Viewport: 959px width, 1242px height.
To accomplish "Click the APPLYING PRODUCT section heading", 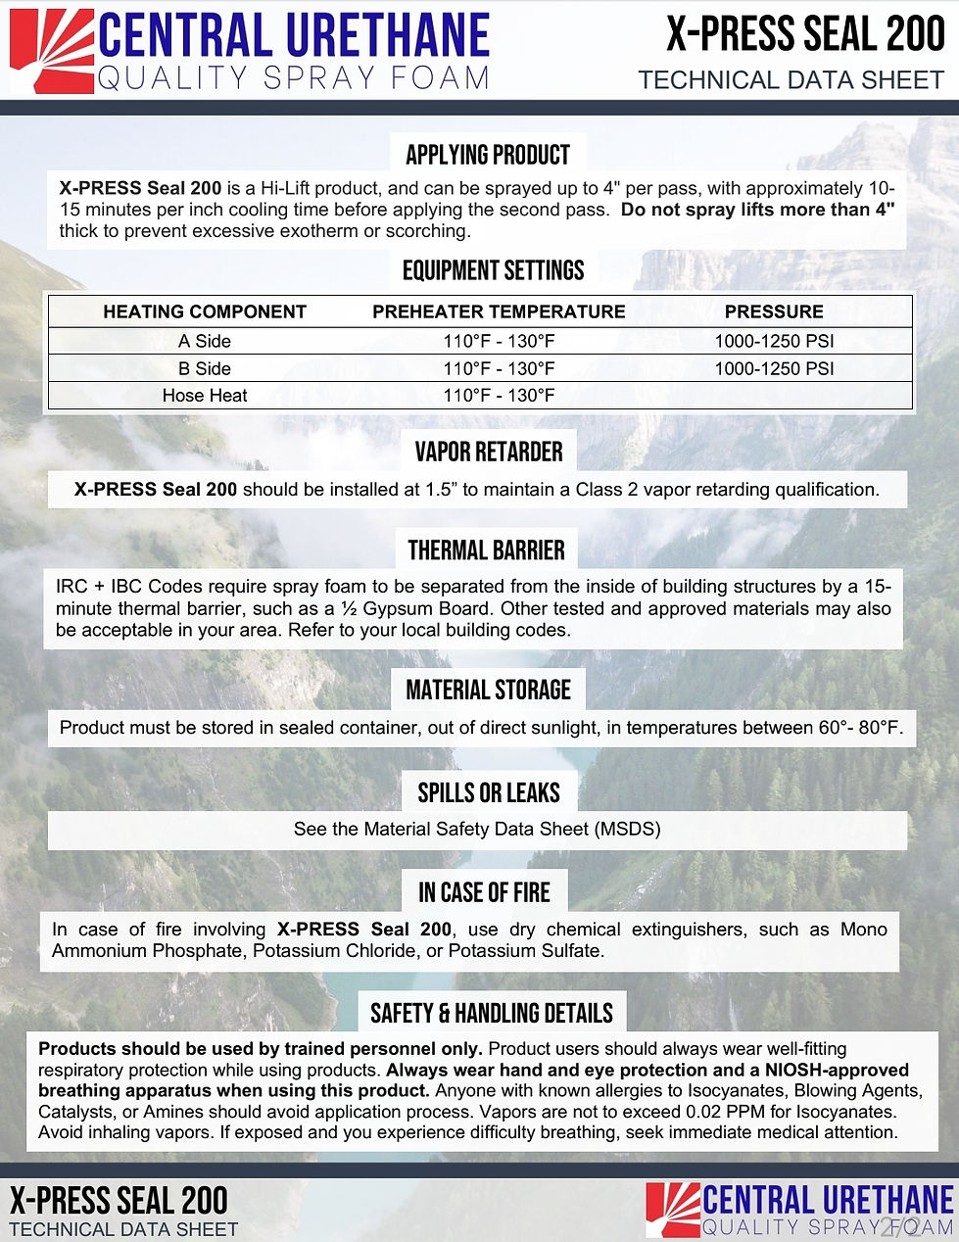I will pos(488,155).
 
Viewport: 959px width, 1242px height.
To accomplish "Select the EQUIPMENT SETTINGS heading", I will pos(493,270).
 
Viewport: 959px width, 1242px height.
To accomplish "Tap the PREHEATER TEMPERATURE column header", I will pos(499,311).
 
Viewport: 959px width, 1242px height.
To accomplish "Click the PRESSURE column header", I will pos(774,311).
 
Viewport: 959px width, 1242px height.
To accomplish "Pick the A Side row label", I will pos(205,341).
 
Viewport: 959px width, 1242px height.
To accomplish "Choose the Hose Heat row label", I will pos(205,396).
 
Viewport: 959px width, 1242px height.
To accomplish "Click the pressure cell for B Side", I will pos(774,368).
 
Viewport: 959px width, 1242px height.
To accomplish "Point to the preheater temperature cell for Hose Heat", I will pos(499,396).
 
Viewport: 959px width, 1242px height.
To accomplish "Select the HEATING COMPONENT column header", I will pos(205,311).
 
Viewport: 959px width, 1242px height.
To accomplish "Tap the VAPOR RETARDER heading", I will pos(489,452).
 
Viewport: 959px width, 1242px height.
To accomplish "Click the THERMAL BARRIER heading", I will pos(487,550).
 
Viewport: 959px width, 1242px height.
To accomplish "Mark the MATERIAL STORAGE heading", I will pos(488,690).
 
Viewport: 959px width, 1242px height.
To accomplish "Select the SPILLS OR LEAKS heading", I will pos(489,792).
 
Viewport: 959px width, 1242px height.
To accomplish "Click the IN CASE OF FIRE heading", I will pos(484,892).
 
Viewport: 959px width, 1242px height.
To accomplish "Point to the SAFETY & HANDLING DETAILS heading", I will pos(492,1013).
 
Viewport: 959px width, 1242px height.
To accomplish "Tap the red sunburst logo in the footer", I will pos(673,1210).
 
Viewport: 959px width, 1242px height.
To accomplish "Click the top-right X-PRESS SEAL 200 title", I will pos(805,35).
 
